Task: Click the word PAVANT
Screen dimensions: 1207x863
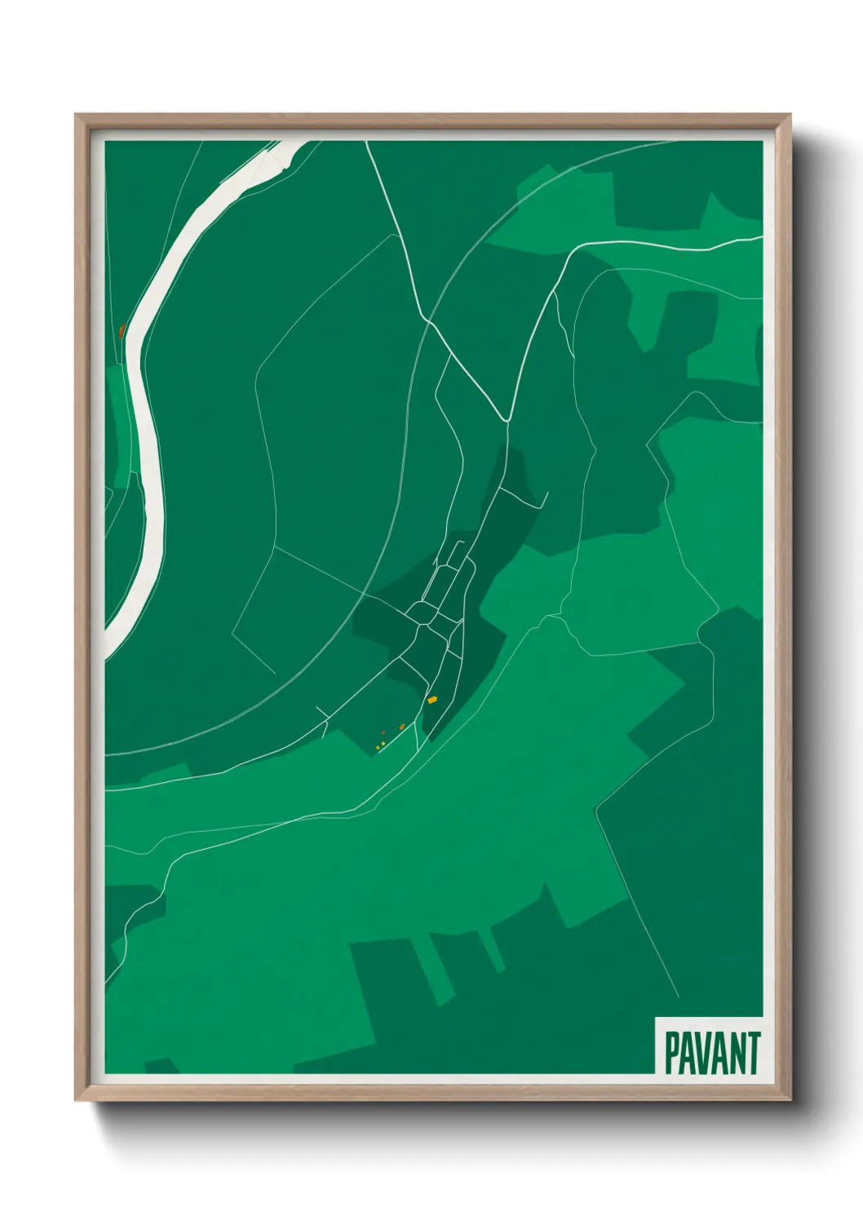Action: [712, 1053]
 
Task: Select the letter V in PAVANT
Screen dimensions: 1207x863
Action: [704, 1053]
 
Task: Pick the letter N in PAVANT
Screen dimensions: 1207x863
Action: [737, 1053]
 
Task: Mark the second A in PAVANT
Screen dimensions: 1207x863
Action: [720, 1053]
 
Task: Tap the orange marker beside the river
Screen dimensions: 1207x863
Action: [121, 331]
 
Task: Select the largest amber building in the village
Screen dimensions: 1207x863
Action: [432, 700]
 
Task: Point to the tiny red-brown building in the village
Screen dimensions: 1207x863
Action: [383, 733]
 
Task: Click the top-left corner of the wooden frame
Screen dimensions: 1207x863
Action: [76, 115]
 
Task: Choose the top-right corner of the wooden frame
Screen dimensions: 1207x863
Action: [790, 115]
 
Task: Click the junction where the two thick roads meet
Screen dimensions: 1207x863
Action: [507, 420]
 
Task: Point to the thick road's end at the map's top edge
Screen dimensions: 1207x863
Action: [366, 143]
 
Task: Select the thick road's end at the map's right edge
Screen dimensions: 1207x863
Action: [760, 238]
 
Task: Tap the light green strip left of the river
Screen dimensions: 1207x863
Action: [120, 424]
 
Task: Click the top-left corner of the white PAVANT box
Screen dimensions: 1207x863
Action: [657, 1018]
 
